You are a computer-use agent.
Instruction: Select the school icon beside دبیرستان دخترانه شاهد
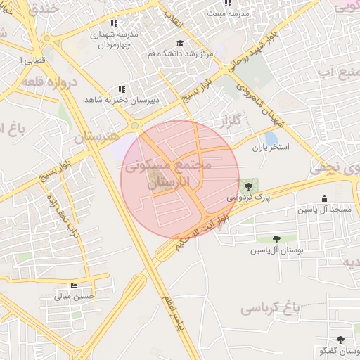[x=122, y=89]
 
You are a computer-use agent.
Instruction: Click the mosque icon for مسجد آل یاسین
[x=324, y=199]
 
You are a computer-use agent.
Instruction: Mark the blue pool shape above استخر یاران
[x=271, y=139]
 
